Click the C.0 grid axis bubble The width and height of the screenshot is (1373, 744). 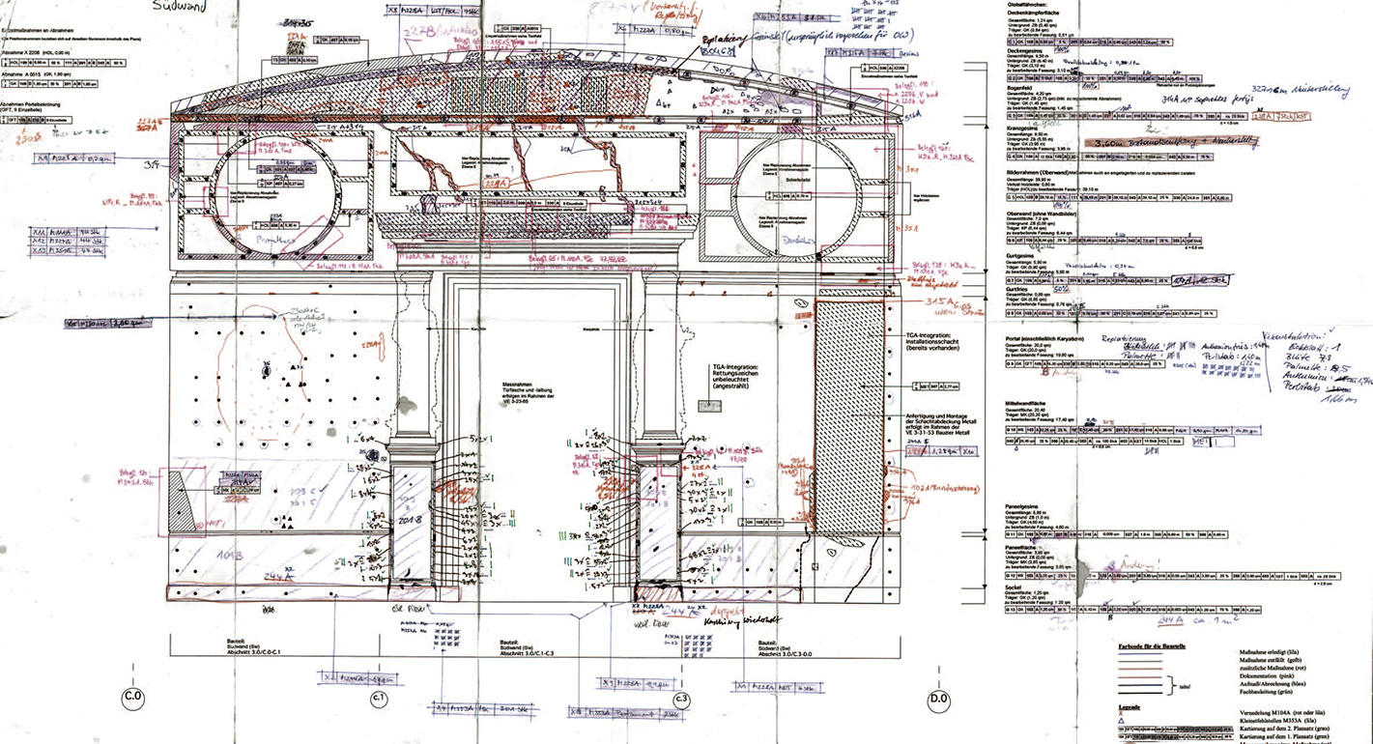point(131,696)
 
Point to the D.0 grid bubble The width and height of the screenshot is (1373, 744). point(937,697)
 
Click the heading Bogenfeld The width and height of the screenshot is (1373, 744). point(1020,86)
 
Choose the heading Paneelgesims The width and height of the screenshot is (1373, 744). point(1025,506)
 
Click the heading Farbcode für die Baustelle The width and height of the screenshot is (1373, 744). point(1158,644)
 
